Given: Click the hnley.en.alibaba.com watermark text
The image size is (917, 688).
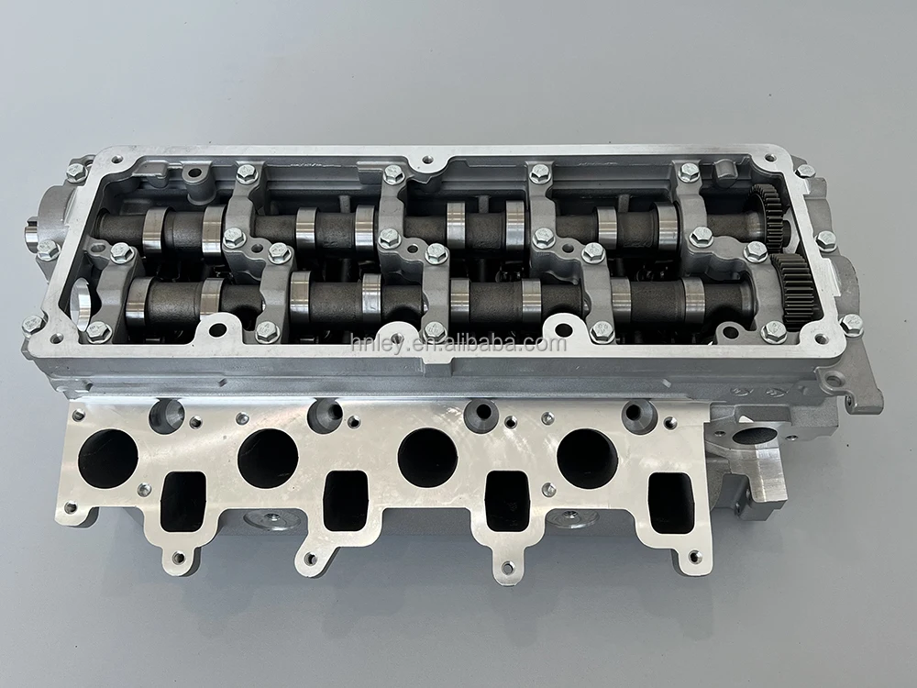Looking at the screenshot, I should pos(458,344).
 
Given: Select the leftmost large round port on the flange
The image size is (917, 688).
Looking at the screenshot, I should pos(107,458).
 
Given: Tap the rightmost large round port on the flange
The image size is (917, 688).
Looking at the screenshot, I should pos(588,458).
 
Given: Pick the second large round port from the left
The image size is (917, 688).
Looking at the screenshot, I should pos(268,458).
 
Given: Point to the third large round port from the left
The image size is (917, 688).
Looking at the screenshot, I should pos(427,458).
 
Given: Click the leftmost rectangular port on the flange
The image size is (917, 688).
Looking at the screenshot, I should pos(182,501).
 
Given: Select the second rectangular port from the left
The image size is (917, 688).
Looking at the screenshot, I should pos(346,501).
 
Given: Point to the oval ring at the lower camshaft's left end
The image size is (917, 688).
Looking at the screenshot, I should pos(80,304).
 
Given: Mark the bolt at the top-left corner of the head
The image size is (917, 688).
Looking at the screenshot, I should pos(77,172).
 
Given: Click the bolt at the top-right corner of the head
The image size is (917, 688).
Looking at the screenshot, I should pos(805,171).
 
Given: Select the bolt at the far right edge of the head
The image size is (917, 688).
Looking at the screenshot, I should pos(852,324).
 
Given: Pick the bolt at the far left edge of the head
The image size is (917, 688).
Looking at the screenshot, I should pos(32,325).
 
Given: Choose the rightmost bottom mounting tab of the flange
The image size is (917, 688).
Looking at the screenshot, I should pos(694,556).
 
